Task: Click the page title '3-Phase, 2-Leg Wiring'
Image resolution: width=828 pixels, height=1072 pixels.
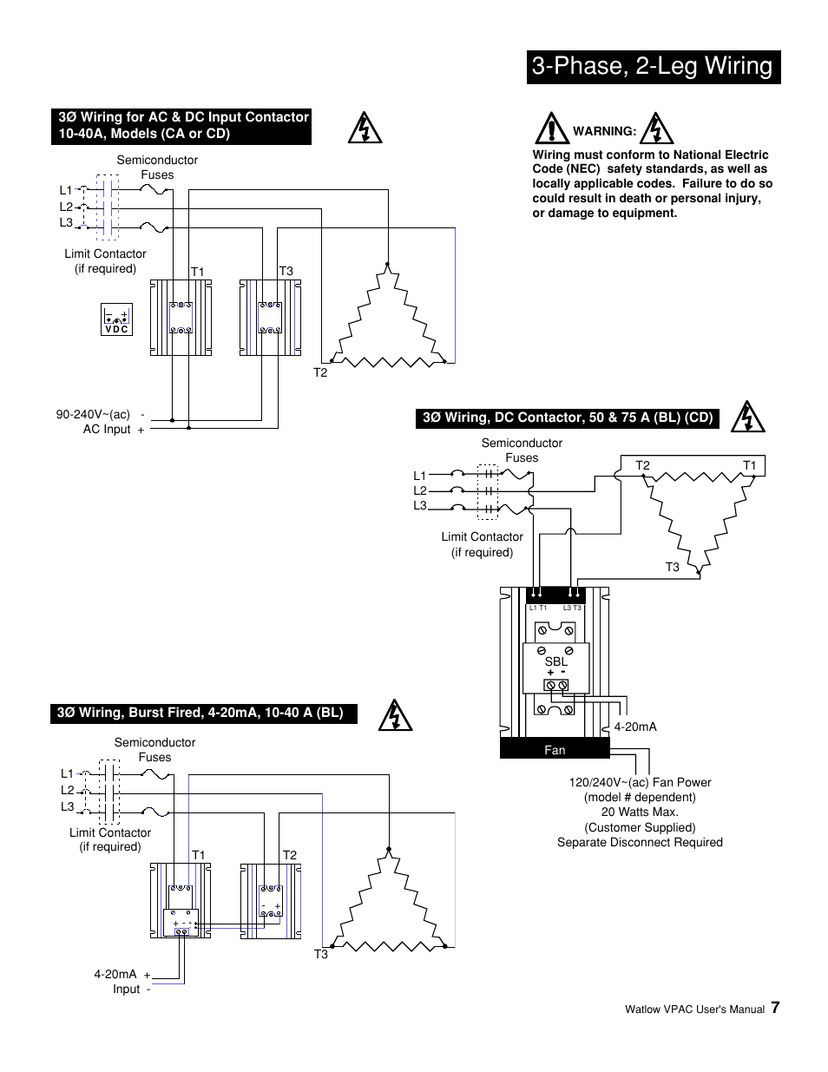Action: (653, 67)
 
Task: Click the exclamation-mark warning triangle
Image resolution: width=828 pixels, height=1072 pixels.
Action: (551, 128)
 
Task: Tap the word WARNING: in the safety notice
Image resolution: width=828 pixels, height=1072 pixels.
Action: (604, 131)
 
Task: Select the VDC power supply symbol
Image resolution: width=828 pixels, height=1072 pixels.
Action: (116, 320)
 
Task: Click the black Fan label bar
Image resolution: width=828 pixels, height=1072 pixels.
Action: (555, 750)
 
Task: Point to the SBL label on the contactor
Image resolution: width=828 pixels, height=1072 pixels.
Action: (555, 661)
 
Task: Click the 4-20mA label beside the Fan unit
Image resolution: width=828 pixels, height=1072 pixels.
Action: (635, 727)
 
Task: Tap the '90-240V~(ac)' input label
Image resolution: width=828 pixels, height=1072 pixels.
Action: (93, 414)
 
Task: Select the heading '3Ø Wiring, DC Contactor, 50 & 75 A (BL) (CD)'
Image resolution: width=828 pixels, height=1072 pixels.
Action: (568, 418)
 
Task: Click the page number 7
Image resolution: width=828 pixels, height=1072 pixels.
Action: (775, 1007)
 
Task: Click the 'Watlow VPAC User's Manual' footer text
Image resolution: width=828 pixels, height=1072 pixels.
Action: (694, 1010)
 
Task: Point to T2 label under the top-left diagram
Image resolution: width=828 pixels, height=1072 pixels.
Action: (320, 372)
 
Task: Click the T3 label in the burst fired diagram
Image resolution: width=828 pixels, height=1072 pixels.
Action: (321, 954)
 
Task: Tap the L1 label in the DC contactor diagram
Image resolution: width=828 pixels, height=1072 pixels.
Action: (420, 476)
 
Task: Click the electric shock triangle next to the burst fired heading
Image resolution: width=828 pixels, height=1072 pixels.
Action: (395, 714)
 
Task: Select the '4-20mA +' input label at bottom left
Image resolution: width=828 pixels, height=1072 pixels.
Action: (122, 975)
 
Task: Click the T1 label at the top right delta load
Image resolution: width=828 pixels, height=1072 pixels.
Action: (749, 466)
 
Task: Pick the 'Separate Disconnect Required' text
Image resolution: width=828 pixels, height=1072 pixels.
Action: (640, 842)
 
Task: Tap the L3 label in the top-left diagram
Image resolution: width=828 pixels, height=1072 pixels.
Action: (66, 223)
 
